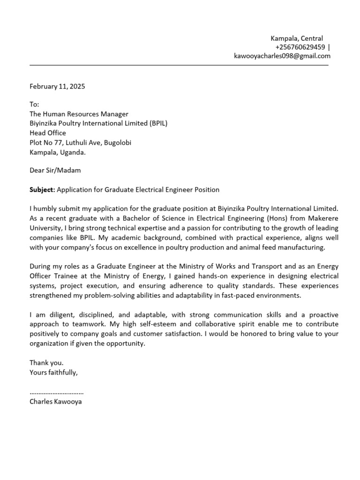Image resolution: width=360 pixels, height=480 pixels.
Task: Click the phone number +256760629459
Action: coord(300,47)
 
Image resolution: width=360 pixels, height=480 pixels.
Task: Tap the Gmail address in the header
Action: coord(282,56)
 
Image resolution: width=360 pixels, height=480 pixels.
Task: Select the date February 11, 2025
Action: coord(57,86)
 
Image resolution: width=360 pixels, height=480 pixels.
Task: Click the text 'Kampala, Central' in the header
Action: coord(297,38)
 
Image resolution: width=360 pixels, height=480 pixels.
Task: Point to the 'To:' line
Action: coord(35,105)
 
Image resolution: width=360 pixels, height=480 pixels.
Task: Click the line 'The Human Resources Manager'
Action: coord(79,114)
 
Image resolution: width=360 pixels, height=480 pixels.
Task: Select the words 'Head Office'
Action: coord(48,133)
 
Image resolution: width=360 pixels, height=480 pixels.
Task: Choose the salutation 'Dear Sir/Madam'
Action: coord(55,171)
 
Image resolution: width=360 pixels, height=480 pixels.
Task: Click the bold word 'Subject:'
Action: coord(42,190)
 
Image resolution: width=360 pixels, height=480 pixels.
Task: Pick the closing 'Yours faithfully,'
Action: coord(53,373)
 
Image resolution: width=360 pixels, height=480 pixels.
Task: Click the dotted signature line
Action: coord(56,392)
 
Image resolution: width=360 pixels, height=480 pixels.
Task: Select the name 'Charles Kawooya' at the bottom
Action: coord(55,402)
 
